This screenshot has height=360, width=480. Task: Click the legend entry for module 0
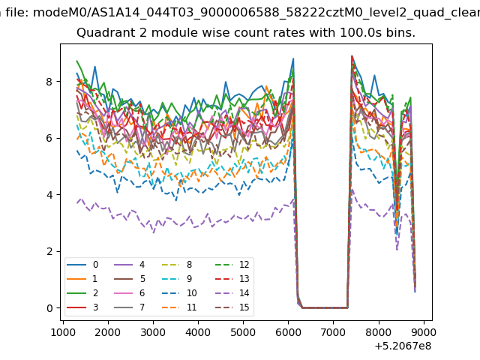(x=82, y=265)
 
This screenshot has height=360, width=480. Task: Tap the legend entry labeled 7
(x=129, y=307)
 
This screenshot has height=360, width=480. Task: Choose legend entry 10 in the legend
(x=179, y=293)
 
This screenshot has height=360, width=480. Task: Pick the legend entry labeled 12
(x=232, y=265)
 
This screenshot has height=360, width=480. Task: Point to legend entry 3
(x=82, y=307)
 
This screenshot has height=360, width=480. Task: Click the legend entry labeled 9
(x=177, y=278)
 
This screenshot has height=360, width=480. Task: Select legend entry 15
(x=232, y=307)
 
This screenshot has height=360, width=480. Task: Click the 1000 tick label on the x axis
(x=63, y=332)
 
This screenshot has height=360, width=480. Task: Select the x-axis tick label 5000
(x=243, y=332)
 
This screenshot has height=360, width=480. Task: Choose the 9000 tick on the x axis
(x=424, y=332)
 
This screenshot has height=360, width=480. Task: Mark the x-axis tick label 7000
(x=333, y=332)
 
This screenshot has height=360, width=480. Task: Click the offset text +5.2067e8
(x=403, y=346)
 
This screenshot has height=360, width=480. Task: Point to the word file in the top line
(x=17, y=13)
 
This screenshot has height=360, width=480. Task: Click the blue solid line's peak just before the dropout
(x=293, y=58)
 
